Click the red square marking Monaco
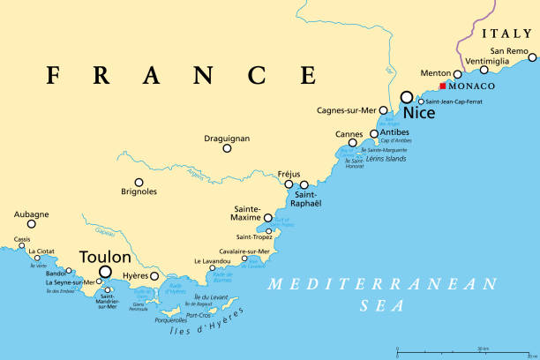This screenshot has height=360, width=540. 442,86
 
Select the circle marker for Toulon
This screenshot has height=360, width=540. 106,273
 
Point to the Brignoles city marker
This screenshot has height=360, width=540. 139,183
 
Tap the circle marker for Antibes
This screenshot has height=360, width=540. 374,134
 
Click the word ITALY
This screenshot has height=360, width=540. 506,33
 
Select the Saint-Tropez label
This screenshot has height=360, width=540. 254,236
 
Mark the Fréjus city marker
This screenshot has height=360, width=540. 289,184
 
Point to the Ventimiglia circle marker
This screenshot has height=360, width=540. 484,70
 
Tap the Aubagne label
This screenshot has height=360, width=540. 32,214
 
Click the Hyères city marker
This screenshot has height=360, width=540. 154,276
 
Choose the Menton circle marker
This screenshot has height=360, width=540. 457,74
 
